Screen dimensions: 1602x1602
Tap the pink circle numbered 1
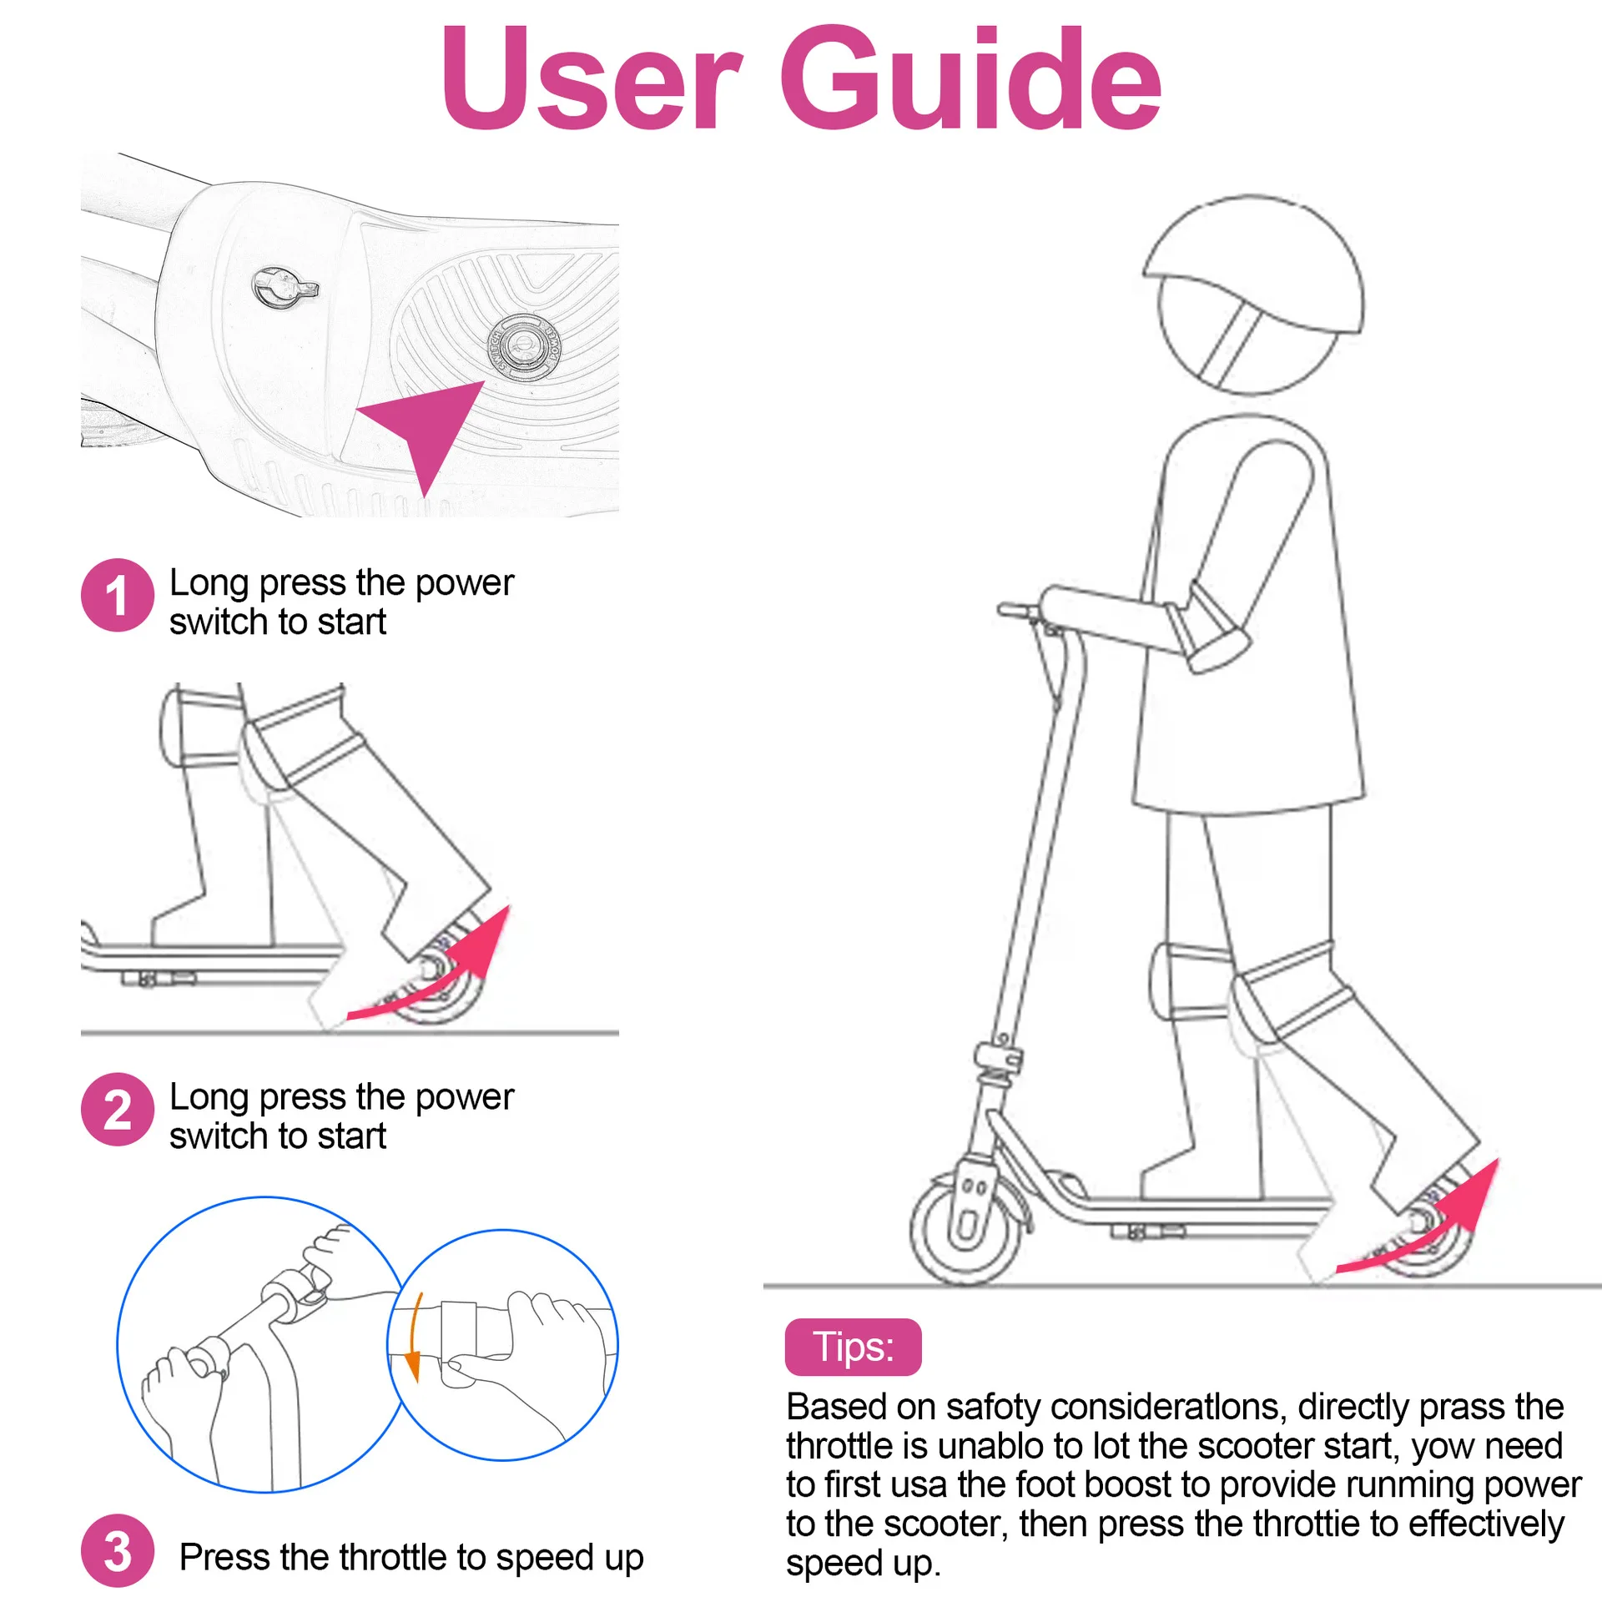click(x=118, y=595)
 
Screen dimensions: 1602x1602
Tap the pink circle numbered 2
click(x=118, y=1109)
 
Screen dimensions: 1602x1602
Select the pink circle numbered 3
click(x=118, y=1550)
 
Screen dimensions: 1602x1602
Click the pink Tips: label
click(x=853, y=1347)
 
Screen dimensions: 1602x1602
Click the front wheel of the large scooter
click(x=965, y=1230)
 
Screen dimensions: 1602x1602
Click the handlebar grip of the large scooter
click(x=1016, y=611)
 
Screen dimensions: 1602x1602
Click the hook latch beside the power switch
click(x=285, y=288)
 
